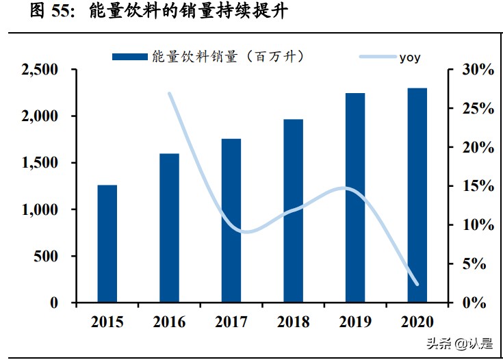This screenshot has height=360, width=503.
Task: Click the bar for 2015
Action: coord(107,244)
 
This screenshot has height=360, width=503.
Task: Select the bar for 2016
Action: coord(169,228)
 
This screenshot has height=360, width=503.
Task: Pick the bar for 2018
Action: coord(293,211)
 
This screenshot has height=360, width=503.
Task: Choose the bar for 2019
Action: coord(354,198)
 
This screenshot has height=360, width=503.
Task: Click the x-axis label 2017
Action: coord(231,321)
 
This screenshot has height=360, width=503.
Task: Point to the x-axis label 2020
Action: coord(417,321)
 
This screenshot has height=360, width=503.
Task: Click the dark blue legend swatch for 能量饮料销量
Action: coord(129,57)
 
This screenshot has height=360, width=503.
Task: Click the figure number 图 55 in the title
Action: coord(51,12)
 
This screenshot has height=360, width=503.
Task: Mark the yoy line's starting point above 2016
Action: coord(169,93)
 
